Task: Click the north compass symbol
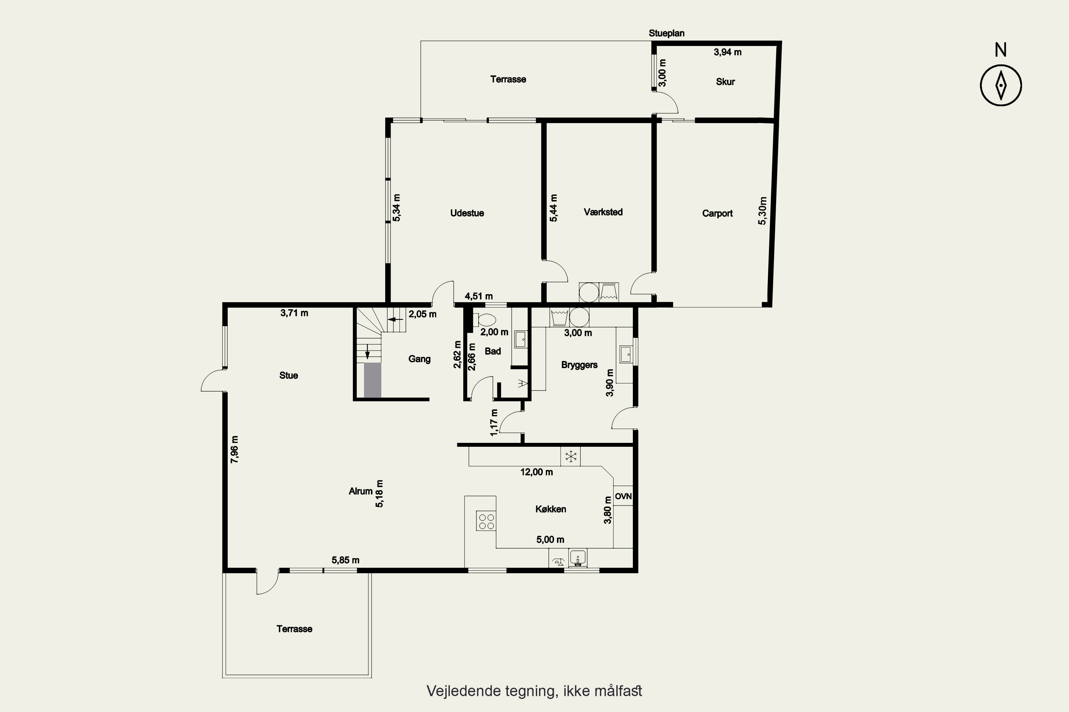[1001, 85]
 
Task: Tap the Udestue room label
[467, 213]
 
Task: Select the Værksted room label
[603, 212]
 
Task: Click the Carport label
[717, 213]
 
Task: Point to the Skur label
[725, 82]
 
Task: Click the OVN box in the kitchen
[623, 496]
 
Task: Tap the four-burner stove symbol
[486, 521]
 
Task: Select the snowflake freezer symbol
[570, 456]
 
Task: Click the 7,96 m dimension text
[234, 450]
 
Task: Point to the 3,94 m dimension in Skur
[727, 52]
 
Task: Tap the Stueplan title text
[666, 33]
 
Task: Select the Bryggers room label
[579, 365]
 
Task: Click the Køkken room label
[551, 509]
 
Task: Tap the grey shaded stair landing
[372, 380]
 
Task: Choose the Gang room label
[419, 359]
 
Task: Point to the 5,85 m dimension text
[345, 560]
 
